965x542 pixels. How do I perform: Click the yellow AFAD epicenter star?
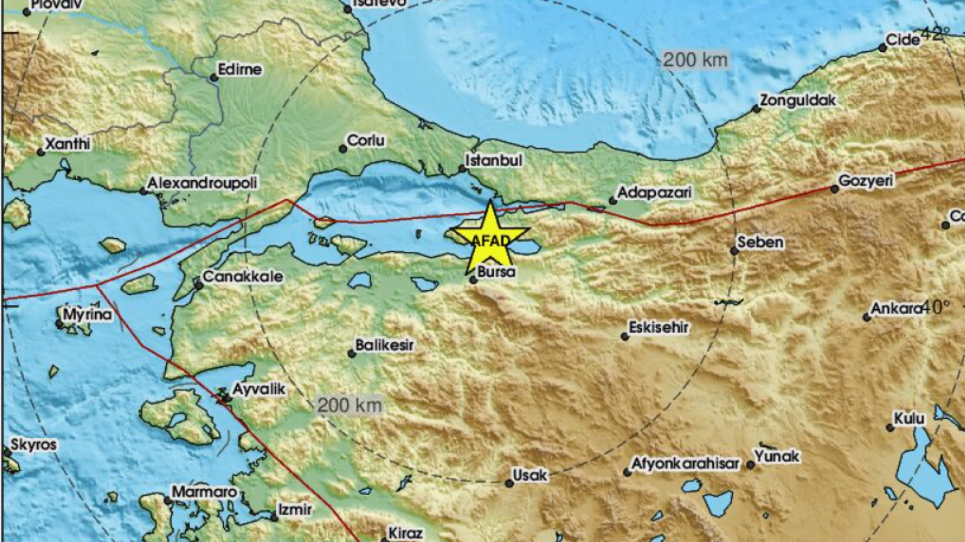pos(490,238)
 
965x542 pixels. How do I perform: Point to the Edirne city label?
pos(240,70)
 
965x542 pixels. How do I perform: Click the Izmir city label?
pos(295,510)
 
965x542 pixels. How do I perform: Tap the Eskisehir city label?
pos(658,328)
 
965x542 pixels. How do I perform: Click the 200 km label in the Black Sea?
pos(695,59)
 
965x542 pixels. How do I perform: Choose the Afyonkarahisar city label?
pos(685,464)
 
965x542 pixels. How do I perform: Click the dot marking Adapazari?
pos(613,200)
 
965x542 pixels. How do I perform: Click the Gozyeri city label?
pos(866,180)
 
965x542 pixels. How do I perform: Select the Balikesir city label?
pos(384,345)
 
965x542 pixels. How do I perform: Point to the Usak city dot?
pos(509,483)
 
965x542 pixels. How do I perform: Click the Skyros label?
pos(33,445)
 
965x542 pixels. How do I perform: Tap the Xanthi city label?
pos(67,144)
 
